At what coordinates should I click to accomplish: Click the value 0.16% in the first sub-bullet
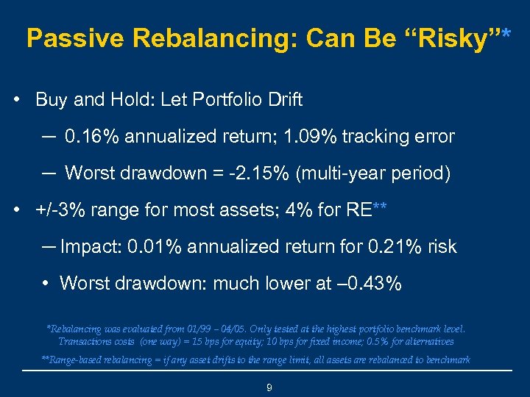click(93, 137)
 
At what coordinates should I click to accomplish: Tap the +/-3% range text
click(57, 210)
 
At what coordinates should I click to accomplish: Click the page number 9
click(269, 387)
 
